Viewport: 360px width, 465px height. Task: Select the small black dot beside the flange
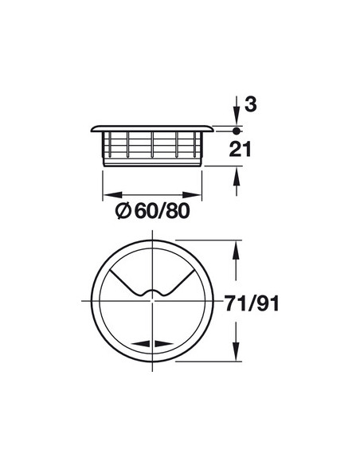[x=237, y=128]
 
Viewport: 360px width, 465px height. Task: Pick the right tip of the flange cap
[x=213, y=129]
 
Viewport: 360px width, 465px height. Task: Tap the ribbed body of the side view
[x=151, y=148]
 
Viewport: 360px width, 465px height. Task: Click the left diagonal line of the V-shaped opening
[x=127, y=283]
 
